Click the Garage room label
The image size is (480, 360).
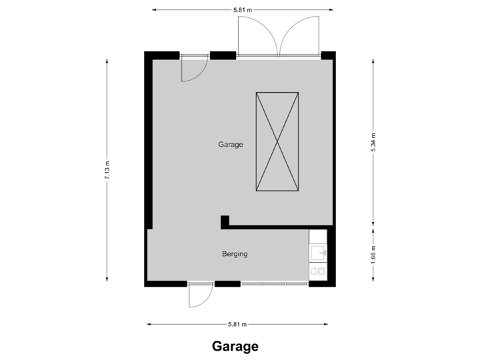point(231,145)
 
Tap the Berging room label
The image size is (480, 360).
point(235,254)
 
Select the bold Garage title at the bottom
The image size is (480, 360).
point(235,347)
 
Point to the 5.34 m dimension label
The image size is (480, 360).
point(373,142)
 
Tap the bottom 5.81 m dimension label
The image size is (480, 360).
point(237,325)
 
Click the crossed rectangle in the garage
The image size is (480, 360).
point(277,142)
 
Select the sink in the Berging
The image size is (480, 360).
point(317,252)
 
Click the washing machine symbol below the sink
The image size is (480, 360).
point(317,271)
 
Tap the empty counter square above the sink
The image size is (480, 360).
point(317,237)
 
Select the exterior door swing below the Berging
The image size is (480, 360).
point(198,295)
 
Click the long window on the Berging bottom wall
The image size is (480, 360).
point(274,284)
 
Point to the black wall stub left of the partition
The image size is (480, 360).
point(225,221)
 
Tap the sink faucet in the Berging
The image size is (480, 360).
point(323,252)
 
